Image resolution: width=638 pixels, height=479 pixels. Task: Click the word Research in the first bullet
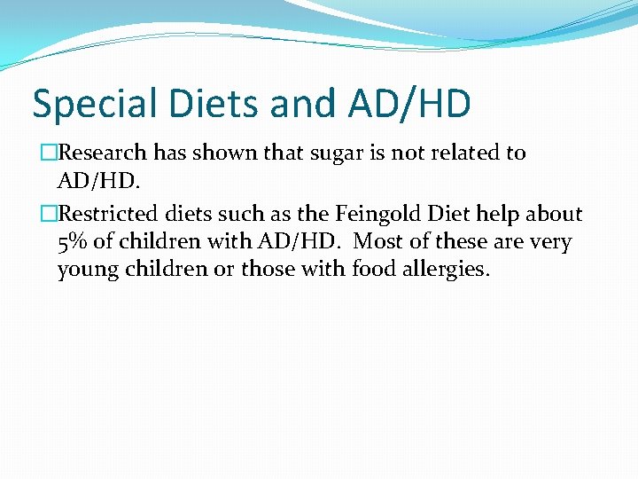click(103, 153)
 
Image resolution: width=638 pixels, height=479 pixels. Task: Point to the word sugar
click(330, 153)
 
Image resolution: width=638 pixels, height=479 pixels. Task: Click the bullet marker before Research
click(50, 153)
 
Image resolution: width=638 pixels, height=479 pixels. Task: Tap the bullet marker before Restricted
click(50, 214)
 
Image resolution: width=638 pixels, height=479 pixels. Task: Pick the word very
click(554, 241)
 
